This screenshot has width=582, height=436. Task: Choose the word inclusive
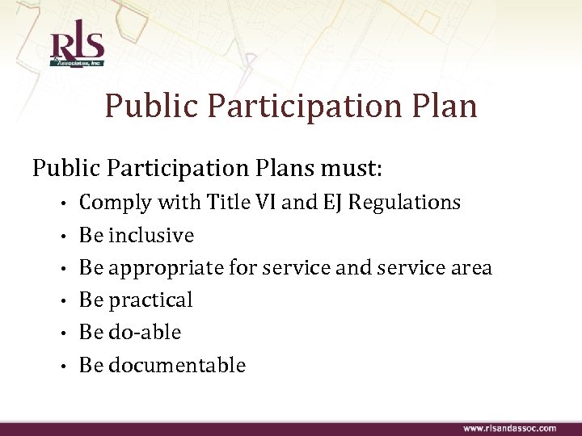151,235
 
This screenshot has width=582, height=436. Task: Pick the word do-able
145,332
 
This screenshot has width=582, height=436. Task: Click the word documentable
176,365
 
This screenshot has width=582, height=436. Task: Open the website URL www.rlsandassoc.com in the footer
509,428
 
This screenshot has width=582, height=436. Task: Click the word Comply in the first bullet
115,203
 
